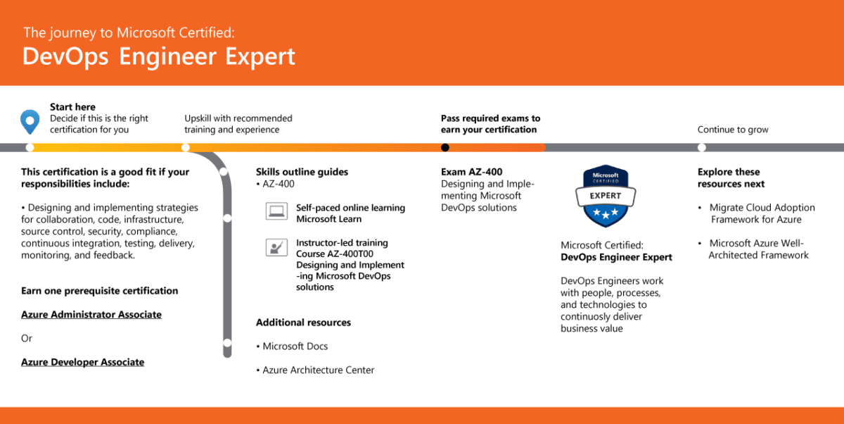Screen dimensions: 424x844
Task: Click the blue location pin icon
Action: coord(29,121)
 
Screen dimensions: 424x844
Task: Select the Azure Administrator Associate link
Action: coord(91,315)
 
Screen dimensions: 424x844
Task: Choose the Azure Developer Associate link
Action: coord(82,362)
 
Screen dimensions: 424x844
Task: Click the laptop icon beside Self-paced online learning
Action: coord(275,210)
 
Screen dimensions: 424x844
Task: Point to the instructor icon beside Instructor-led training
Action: coord(275,247)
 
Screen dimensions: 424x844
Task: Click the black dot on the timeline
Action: coord(445,147)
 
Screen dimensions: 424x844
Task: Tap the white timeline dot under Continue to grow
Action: coord(701,147)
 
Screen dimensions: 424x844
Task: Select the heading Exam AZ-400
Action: coord(471,172)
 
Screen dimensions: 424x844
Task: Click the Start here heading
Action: coord(72,107)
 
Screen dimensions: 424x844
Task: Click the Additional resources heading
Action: coord(303,323)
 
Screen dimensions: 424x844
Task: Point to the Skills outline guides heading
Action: coord(302,172)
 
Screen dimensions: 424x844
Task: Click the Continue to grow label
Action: coord(733,130)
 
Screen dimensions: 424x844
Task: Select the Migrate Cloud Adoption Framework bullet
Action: coord(756,213)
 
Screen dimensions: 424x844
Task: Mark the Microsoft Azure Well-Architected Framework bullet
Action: coord(757,249)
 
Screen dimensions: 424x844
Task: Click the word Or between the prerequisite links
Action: coord(27,339)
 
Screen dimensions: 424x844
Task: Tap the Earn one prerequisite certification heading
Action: coord(99,291)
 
